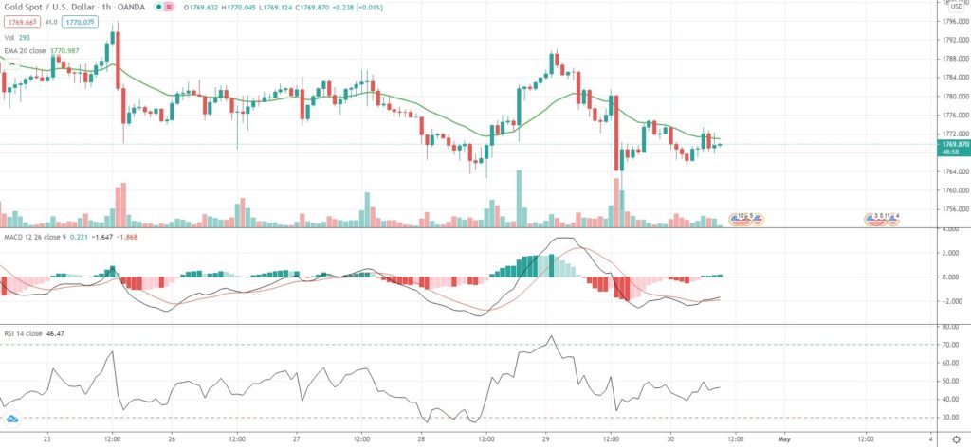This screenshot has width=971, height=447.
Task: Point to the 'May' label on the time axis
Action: point(784,439)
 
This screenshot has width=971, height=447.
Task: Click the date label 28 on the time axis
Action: point(421,439)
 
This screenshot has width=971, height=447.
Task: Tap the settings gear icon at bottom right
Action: point(956,439)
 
